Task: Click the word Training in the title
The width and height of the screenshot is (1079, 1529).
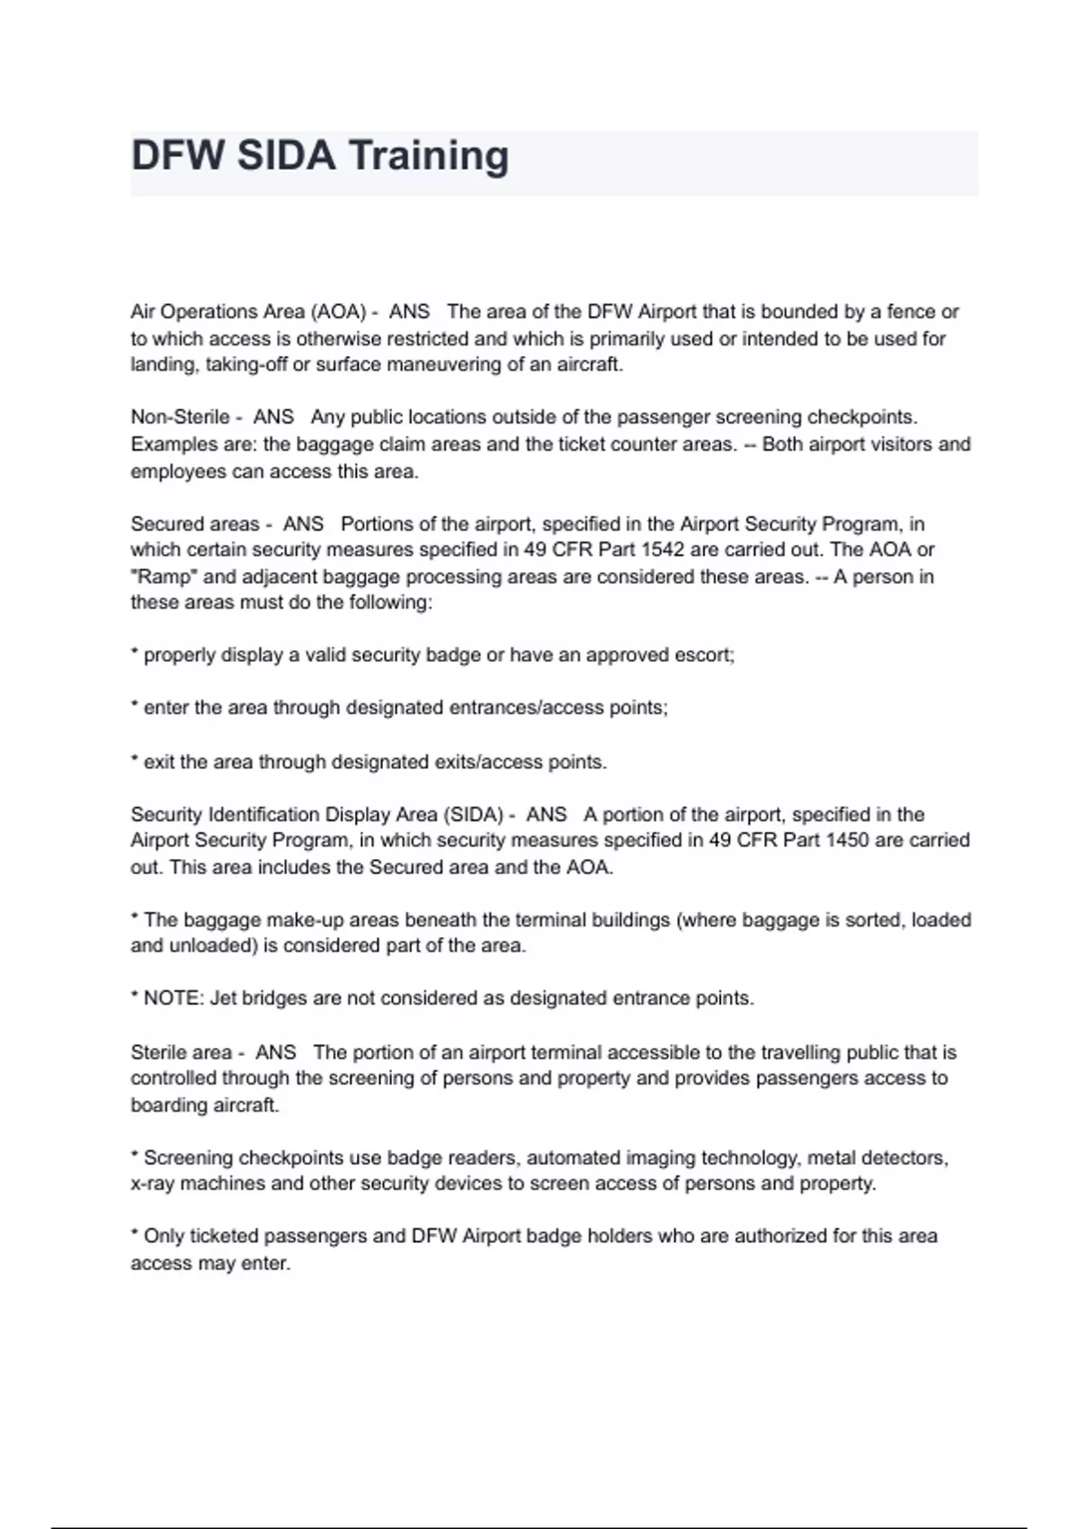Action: (x=428, y=156)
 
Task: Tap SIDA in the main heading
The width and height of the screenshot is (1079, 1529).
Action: (x=287, y=156)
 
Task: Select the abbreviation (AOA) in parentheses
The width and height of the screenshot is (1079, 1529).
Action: (x=338, y=312)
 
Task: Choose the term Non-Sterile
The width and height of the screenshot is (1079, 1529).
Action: (x=180, y=417)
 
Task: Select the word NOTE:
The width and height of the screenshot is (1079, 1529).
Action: (x=174, y=998)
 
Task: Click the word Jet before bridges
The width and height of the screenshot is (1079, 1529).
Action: (x=223, y=998)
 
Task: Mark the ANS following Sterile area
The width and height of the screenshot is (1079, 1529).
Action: (x=275, y=1052)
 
